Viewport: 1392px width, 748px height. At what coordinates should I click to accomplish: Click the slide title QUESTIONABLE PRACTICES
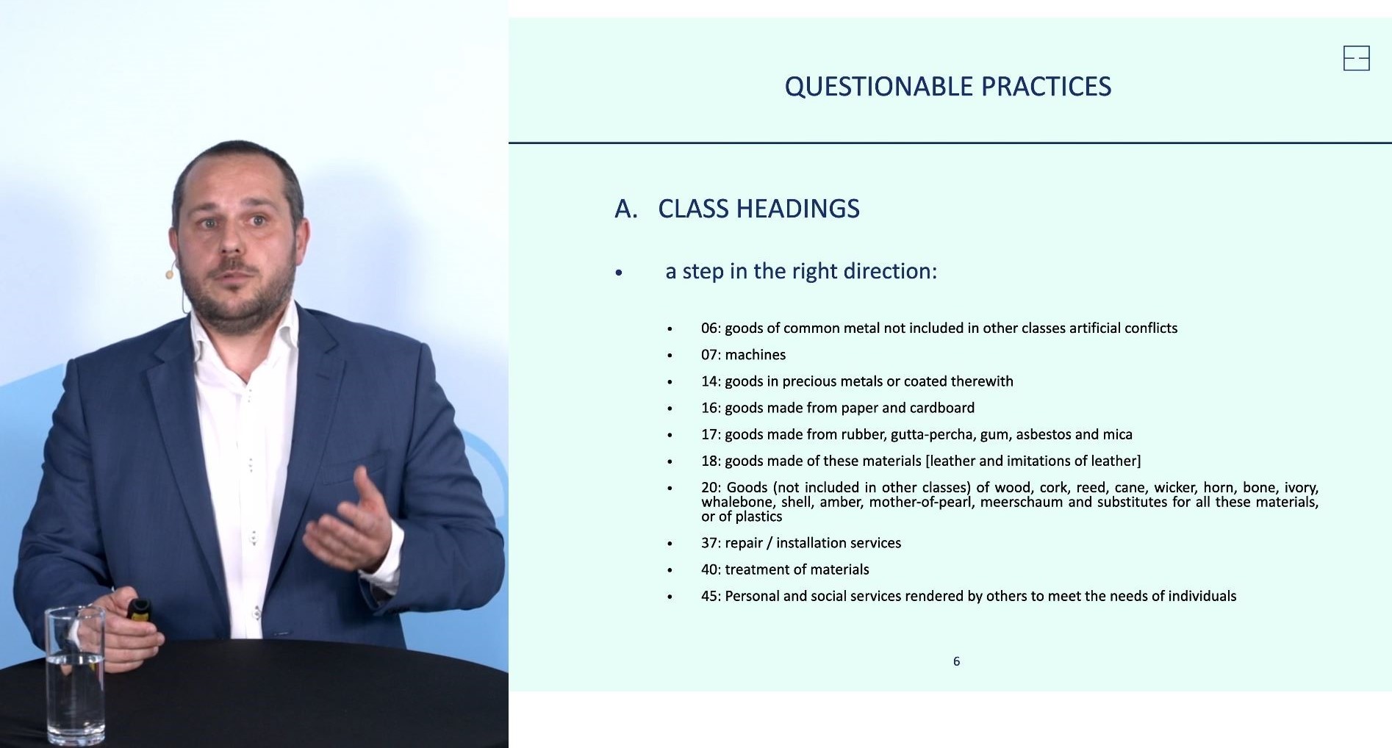coord(947,87)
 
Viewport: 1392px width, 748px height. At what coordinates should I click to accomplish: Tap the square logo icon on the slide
coord(1356,58)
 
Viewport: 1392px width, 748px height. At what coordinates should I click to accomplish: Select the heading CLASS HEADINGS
coord(758,209)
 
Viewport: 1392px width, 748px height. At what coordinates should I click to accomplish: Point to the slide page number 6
coord(956,661)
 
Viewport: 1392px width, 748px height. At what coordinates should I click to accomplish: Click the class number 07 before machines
coord(709,355)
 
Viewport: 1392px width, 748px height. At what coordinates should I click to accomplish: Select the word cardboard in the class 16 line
coord(942,408)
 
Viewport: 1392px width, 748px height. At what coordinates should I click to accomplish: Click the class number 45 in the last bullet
coord(709,596)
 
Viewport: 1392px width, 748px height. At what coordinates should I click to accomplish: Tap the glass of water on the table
coord(75,675)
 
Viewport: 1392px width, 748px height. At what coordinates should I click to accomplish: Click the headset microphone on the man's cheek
coord(171,273)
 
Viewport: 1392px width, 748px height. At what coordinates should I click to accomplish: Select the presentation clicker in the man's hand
coord(138,609)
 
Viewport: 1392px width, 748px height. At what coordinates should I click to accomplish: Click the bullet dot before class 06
coord(670,328)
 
